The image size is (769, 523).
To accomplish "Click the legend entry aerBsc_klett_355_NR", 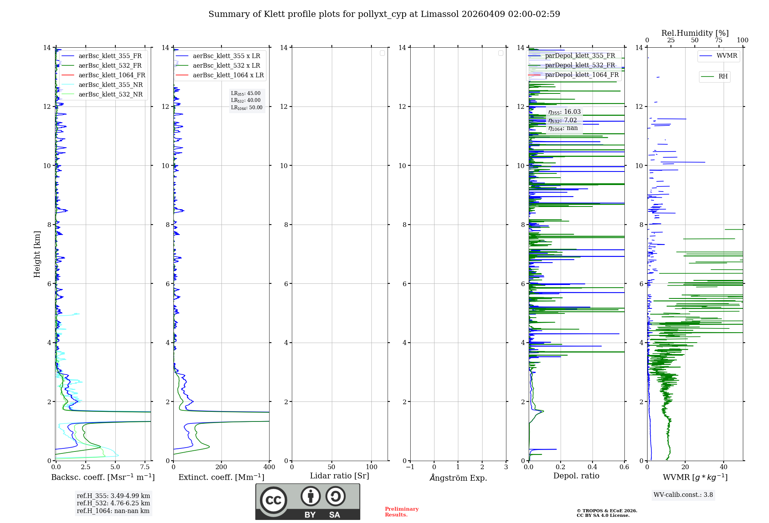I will pos(110,85).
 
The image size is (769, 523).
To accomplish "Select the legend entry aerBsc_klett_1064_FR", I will pos(112,75).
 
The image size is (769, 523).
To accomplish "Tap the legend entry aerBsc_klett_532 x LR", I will pos(226,65).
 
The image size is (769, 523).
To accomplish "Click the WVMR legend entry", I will pos(726,56).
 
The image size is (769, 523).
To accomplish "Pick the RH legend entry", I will pos(722,77).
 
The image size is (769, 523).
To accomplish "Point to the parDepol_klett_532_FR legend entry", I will pos(580,65).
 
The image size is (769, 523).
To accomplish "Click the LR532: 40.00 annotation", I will pos(246,100).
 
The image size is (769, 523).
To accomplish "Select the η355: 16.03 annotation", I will pos(564,112).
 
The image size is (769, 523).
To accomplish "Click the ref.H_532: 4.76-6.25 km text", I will pos(113,503).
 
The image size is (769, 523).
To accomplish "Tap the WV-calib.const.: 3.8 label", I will pos(683,495).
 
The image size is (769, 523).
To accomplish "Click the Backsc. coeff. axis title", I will pos(103,477).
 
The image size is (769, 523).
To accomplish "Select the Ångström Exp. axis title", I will pos(458,478).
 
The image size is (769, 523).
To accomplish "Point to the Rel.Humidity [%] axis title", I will pos(695,33).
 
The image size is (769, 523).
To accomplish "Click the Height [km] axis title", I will pos(37,254).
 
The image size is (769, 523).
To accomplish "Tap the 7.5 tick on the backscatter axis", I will pos(145,467).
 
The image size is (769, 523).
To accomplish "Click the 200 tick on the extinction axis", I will pos(221,467).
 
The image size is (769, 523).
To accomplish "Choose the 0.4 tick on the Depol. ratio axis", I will pos(593,467).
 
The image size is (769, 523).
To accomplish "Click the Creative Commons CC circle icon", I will pos(273,500).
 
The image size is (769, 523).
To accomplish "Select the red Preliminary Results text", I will pos(401,512).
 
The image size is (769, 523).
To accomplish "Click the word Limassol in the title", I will pos(439,14).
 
